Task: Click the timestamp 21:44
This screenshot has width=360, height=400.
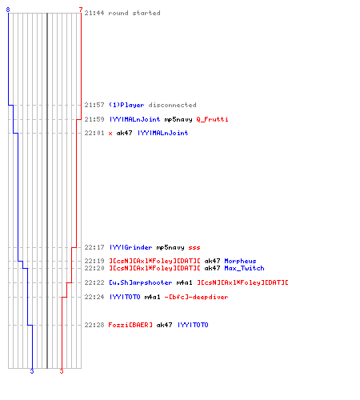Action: (x=94, y=13)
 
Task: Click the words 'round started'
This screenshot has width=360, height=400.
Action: (x=134, y=13)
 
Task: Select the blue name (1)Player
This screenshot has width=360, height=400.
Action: (x=126, y=105)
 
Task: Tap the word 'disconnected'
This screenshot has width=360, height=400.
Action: (x=172, y=105)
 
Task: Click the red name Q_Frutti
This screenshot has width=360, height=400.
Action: (x=212, y=119)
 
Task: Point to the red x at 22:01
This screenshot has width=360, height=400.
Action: (x=110, y=133)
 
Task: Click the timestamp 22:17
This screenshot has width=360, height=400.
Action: (x=94, y=247)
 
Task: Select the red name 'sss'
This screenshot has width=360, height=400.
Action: (x=194, y=248)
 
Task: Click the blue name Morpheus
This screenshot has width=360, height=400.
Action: (x=240, y=261)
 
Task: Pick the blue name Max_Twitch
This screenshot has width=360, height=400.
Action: (x=244, y=268)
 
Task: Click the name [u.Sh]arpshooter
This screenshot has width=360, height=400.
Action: (x=140, y=282)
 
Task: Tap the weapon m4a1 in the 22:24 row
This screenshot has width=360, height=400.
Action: (x=152, y=297)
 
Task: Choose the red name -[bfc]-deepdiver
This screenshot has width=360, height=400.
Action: (x=196, y=297)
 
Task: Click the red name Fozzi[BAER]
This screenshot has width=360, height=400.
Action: (x=130, y=325)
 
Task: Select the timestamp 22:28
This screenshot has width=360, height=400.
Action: (x=94, y=325)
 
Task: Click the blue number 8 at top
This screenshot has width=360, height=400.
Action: (x=8, y=10)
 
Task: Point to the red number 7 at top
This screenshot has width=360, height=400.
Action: (x=81, y=10)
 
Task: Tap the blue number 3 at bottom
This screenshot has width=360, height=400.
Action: (x=32, y=371)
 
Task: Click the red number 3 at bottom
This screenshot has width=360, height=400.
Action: (x=62, y=371)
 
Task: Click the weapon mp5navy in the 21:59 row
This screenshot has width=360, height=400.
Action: (x=178, y=119)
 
